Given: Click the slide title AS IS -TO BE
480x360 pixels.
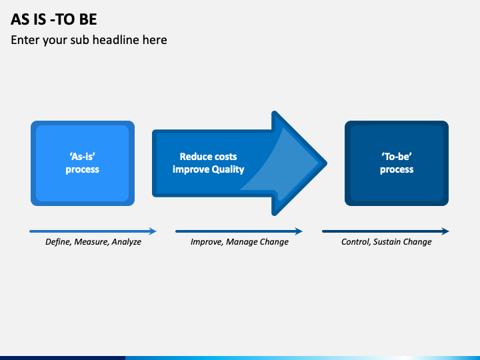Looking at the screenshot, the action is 54,19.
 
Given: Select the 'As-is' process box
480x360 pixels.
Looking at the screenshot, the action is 83,163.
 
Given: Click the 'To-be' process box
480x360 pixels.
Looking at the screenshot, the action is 397,163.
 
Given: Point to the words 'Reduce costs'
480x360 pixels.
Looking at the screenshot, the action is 208,157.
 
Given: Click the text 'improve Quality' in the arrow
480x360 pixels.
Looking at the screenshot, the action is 208,169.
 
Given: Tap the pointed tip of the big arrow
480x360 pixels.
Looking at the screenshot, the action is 326,163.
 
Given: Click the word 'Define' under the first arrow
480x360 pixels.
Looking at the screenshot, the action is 58,242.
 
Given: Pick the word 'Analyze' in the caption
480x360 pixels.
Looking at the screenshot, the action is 127,242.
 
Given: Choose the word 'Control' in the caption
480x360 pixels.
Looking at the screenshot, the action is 356,242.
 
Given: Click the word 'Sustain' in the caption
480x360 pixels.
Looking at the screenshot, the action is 387,242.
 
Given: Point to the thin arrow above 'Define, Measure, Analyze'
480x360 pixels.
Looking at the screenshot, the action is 93,231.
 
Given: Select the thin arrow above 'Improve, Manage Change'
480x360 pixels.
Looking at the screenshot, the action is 239,231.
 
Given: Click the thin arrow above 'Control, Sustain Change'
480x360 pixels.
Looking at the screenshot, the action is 385,231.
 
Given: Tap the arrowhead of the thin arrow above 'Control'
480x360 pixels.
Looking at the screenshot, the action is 445,231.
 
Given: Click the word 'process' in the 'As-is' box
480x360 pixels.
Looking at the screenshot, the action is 83,169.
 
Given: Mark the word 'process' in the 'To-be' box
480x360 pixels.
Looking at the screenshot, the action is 397,169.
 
